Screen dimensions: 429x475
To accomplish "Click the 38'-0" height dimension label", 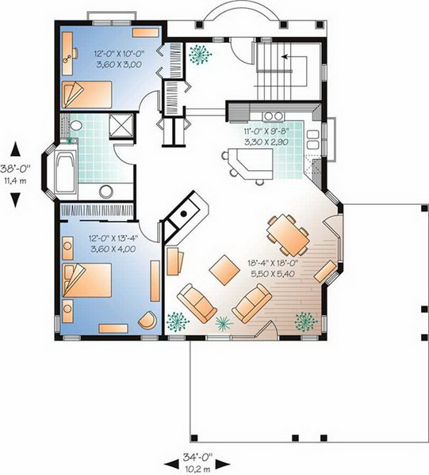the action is (x=16, y=168).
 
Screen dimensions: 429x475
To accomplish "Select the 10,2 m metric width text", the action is (x=197, y=469).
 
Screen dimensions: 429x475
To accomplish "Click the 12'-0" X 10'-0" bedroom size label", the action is (x=119, y=54).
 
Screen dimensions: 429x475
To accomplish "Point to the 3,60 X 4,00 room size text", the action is (x=113, y=249).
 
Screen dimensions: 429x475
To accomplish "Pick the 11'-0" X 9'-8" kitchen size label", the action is (x=266, y=131).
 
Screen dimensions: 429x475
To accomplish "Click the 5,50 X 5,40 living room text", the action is (x=273, y=274).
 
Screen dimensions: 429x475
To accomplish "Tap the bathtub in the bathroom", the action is (x=66, y=172).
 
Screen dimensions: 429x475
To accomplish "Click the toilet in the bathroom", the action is (x=75, y=125).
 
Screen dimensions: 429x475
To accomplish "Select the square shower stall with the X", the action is (x=121, y=125).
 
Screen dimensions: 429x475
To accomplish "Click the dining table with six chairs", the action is (x=288, y=235).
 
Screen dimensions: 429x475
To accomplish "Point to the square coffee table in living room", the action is (x=224, y=270).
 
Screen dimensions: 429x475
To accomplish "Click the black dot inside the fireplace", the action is (x=183, y=214).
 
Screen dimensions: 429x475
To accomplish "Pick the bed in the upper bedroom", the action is (x=87, y=94).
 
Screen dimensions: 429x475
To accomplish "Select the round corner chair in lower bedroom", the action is (x=148, y=320).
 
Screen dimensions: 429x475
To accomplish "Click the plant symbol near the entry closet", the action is (x=200, y=55).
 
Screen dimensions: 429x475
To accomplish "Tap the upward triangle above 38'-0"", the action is (x=16, y=150).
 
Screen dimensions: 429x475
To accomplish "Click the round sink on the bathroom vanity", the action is (x=106, y=192).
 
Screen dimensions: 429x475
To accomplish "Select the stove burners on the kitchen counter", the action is (x=274, y=116).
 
